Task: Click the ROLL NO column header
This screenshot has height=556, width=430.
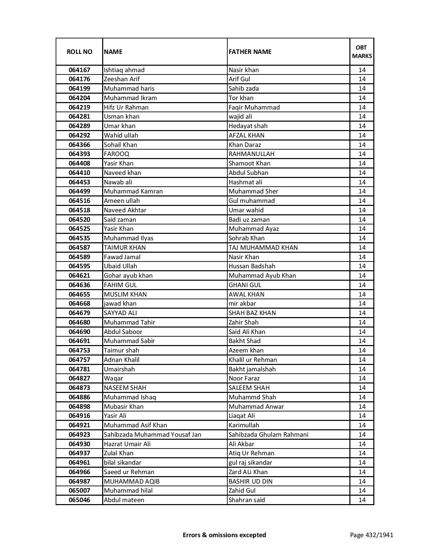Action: tap(79, 52)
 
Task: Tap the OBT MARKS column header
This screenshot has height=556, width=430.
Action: tap(362, 52)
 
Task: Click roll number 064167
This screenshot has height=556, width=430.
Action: tap(79, 70)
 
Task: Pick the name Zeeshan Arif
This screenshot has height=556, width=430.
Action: tap(122, 79)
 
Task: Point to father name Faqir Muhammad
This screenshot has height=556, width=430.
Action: tap(254, 107)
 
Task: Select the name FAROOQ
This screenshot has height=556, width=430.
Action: tap(116, 154)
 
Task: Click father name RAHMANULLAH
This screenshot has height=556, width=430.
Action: tap(251, 154)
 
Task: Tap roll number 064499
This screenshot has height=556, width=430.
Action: tap(79, 191)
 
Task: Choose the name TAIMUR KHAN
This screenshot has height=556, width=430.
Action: tap(125, 248)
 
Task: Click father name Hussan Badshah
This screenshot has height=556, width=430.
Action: tap(252, 266)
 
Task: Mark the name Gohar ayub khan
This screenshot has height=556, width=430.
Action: tap(128, 276)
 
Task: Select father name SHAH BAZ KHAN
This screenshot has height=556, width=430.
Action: tap(252, 313)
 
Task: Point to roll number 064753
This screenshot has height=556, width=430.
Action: tap(79, 350)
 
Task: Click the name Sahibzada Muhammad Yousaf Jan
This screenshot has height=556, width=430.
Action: tap(152, 435)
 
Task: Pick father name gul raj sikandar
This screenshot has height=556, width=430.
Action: tap(250, 463)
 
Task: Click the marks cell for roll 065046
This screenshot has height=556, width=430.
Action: tap(362, 500)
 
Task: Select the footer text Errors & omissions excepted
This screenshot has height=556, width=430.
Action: tap(224, 535)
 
